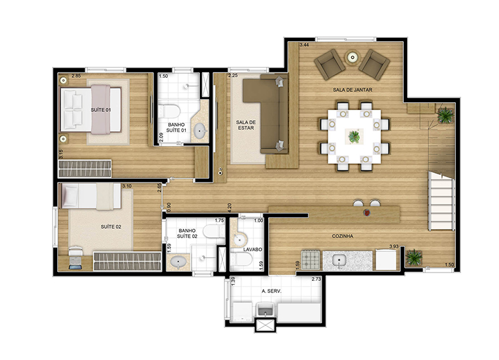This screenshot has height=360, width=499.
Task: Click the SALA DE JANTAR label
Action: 352,90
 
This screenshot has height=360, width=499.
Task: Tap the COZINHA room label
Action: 343,236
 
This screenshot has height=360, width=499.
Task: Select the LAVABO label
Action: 253,249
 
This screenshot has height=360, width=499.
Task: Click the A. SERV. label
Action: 271,291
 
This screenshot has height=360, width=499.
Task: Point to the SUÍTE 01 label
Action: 101,110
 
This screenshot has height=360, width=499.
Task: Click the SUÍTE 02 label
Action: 111,227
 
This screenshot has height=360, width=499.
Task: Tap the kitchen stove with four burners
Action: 311,260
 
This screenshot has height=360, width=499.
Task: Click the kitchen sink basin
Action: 340,260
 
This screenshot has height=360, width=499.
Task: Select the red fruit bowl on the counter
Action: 367,213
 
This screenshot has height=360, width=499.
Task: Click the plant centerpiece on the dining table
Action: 354,136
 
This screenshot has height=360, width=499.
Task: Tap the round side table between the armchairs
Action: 352,57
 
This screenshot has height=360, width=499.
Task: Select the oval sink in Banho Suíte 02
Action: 179,262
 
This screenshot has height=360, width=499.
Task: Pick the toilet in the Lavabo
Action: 242,259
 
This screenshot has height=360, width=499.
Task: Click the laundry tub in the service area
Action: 266,309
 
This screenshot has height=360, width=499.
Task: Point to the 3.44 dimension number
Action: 304,45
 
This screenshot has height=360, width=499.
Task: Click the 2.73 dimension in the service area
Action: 316,279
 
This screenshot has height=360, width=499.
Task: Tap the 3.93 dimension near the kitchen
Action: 394,246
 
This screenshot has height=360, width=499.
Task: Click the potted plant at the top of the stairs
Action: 445,115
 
